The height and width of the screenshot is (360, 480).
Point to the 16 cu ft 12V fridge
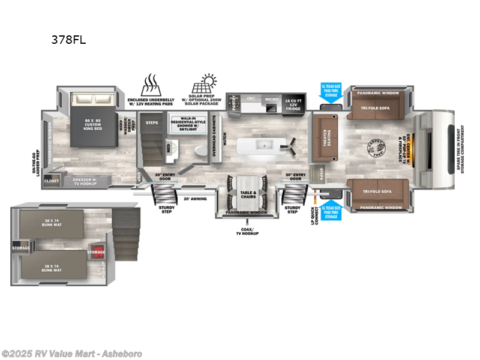(293, 104)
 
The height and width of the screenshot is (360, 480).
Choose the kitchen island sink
(261, 146)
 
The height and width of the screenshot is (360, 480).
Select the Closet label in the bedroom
(52, 179)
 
